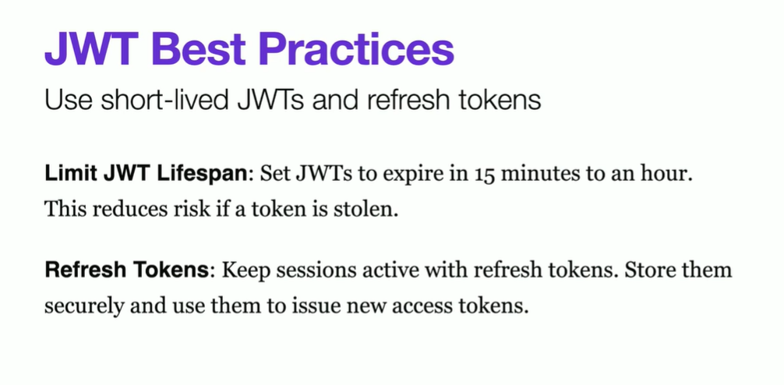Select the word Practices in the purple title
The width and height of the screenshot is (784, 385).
(356, 49)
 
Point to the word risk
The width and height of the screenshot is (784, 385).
(184, 208)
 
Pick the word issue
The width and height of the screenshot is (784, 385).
(317, 304)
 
